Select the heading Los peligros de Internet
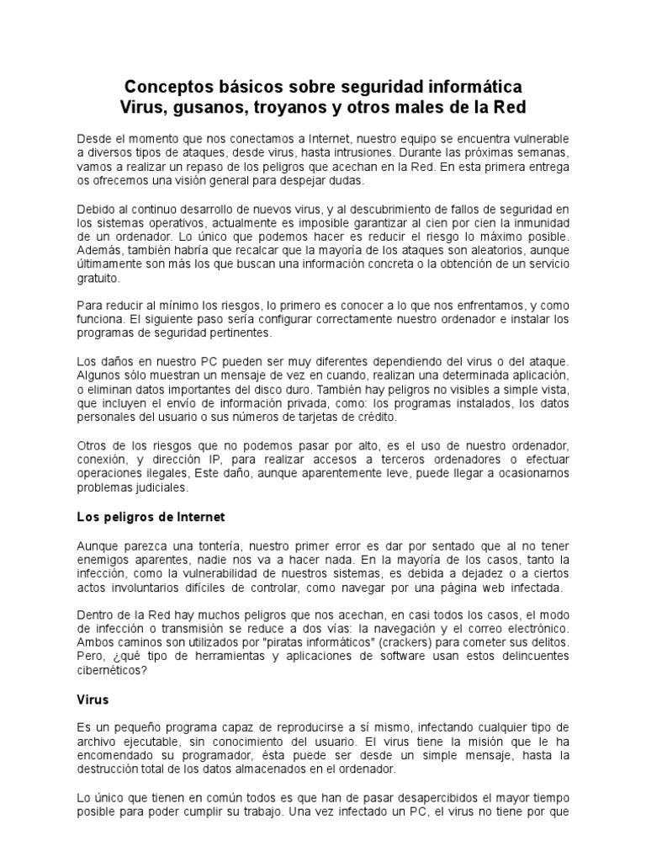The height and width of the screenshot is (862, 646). pyautogui.click(x=151, y=516)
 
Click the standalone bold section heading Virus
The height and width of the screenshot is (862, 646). pyautogui.click(x=93, y=700)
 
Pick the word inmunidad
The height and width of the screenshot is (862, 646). pyautogui.click(x=537, y=221)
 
